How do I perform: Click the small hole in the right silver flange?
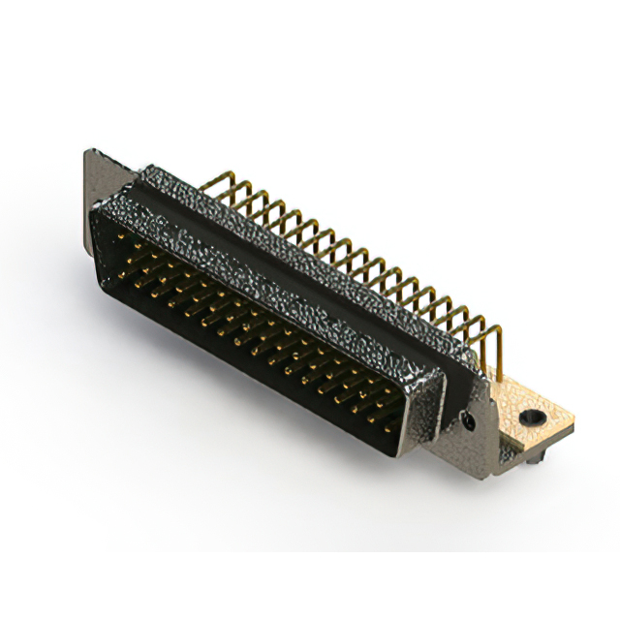pyautogui.click(x=470, y=421)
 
